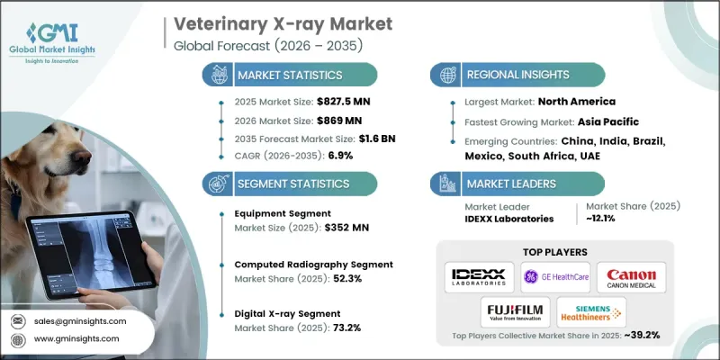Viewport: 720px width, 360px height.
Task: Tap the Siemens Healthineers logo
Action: pyautogui.click(x=592, y=312)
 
